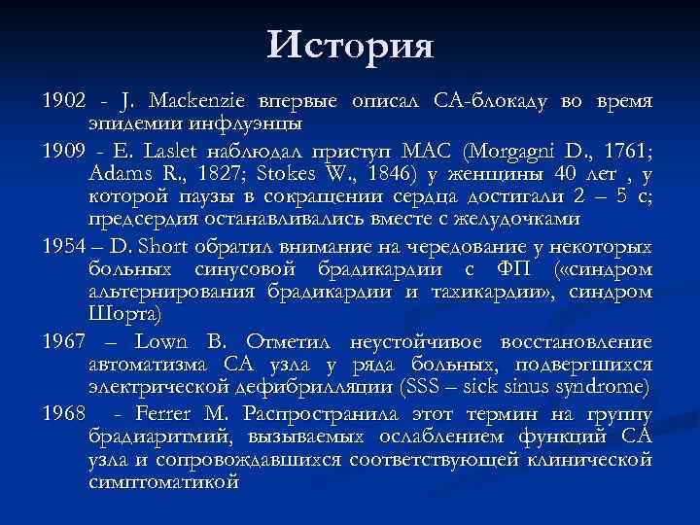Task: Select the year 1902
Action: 64,100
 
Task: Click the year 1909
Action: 64,150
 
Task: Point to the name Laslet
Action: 165,150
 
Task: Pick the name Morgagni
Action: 515,150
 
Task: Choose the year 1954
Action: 64,244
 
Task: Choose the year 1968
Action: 64,410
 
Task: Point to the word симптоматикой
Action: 163,482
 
